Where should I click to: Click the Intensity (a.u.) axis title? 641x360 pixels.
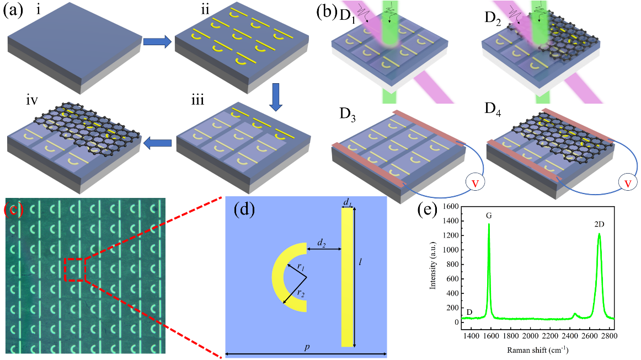(x=433, y=263)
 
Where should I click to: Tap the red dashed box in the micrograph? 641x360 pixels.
(x=74, y=269)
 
